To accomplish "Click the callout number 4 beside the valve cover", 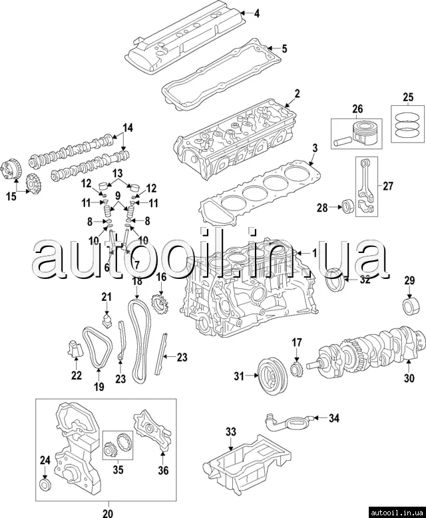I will [257, 13].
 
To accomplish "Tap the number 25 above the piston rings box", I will [408, 98].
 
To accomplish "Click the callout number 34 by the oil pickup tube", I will [334, 418].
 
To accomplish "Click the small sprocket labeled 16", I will [159, 308].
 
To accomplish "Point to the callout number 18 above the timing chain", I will [136, 282].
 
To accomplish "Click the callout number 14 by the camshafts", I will [128, 127].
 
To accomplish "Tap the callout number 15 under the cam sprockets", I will [11, 196].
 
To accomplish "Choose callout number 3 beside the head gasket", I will [316, 148].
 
